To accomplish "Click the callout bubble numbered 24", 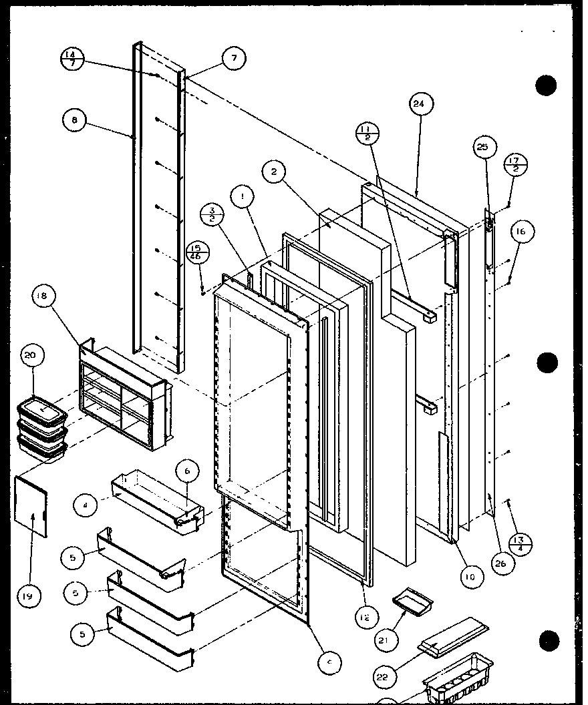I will coord(419,104).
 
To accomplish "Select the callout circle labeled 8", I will coord(74,121).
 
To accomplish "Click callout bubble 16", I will coord(522,232).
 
